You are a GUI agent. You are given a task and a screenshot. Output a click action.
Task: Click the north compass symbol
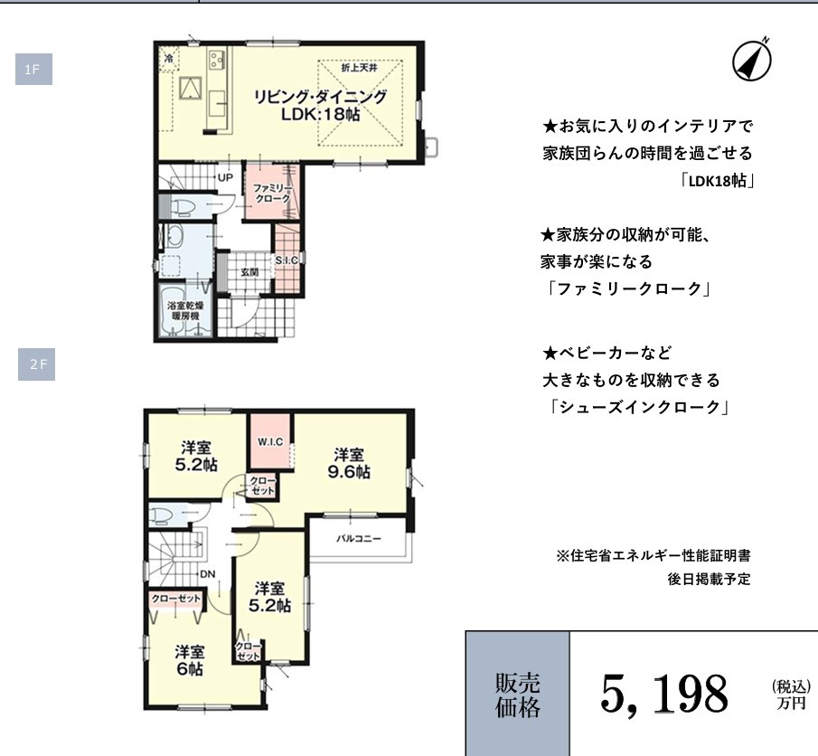coord(750,60)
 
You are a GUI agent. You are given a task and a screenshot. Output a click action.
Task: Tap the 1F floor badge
coord(33,70)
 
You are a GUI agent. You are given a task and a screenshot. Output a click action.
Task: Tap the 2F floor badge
coord(37,364)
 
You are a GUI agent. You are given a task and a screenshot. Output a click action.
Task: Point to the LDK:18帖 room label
coord(320,106)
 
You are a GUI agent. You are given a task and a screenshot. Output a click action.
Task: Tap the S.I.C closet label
coord(287,260)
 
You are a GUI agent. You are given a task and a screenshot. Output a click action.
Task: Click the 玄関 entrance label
coord(249,271)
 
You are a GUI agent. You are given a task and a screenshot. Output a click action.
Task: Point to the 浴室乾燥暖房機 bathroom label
coord(184,312)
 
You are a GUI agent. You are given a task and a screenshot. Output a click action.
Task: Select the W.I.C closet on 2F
coord(270,441)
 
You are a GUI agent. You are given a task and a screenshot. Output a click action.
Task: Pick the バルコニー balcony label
coord(359,538)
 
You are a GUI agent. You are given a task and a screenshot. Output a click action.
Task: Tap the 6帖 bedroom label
coord(189,661)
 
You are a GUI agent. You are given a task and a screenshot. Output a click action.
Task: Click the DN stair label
coord(207,573)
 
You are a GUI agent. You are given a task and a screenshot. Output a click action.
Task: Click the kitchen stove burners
coord(216,61)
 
